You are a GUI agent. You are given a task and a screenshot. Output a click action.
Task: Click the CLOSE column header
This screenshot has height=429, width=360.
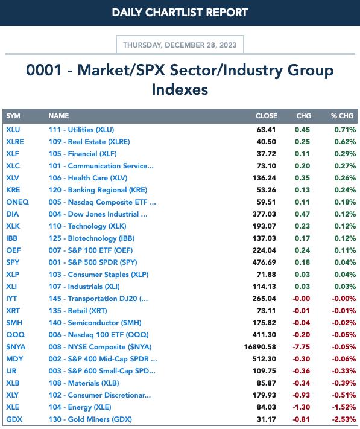267,116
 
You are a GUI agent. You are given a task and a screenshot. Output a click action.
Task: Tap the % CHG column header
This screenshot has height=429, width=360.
342,116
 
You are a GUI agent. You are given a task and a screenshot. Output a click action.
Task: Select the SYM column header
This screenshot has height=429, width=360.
13,116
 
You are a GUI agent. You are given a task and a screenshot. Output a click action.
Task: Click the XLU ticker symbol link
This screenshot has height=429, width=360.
13,129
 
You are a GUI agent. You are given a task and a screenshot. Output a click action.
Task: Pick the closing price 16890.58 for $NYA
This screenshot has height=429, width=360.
260,347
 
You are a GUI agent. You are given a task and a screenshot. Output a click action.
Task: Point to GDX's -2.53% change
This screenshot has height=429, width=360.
344,419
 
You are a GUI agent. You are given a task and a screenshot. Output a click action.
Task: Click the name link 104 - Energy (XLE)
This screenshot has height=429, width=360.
80,407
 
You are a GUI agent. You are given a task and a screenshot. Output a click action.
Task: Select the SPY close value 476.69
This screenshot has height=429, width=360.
264,262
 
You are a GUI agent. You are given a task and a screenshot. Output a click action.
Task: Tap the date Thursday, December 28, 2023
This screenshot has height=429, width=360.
180,45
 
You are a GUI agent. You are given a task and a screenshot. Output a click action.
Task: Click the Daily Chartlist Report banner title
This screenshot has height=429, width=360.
180,13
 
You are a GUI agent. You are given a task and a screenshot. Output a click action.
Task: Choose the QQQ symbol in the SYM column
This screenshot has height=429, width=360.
15,335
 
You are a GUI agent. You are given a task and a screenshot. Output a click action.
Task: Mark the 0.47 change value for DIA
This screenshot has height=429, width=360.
302,214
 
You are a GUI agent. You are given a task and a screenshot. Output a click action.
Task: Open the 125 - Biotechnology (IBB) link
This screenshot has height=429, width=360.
92,238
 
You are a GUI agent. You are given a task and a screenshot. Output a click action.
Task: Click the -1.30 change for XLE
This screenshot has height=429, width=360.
302,407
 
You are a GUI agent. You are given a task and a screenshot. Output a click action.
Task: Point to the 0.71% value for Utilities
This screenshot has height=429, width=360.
345,129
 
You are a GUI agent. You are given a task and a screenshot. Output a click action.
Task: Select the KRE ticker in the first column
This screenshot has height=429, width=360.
13,190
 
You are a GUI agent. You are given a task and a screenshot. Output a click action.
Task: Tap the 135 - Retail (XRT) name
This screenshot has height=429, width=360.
78,311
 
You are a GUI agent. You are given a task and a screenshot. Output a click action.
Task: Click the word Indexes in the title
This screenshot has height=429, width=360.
180,89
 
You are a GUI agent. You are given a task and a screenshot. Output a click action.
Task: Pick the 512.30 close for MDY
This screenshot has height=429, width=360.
264,358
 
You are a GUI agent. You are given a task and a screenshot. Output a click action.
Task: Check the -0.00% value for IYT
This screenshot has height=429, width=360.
344,299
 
